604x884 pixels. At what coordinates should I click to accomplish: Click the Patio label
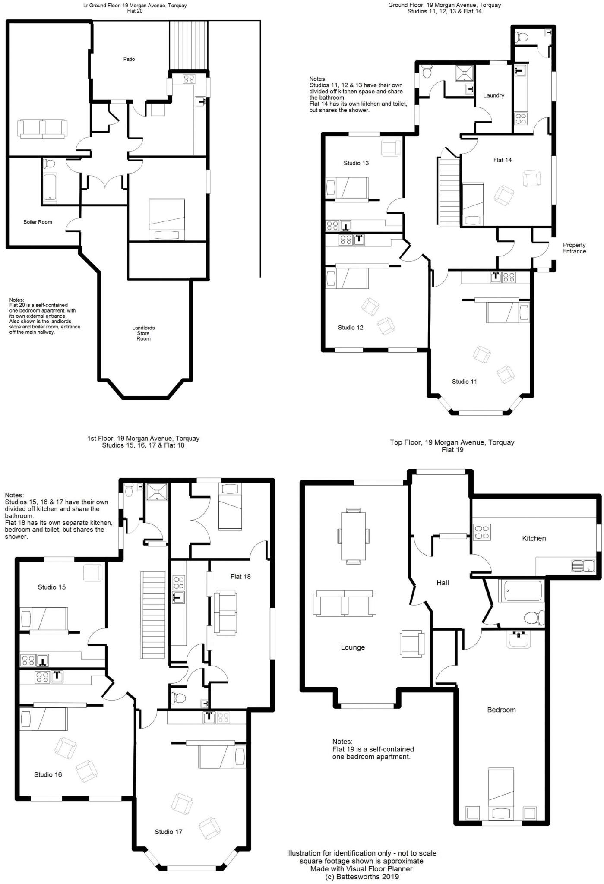[x=129, y=59]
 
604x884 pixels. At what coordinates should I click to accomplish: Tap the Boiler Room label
[x=38, y=222]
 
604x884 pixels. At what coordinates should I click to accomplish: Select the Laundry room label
[x=493, y=95]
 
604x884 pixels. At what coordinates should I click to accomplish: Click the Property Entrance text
[x=574, y=248]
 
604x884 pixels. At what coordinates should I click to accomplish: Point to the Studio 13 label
[x=356, y=163]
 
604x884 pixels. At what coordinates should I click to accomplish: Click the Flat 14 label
[x=502, y=160]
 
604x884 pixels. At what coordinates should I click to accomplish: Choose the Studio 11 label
[x=464, y=382]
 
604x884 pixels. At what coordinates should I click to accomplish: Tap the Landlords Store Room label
[x=143, y=333]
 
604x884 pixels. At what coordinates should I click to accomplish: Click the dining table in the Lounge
[x=353, y=536]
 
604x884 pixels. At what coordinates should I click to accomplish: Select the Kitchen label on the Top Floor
[x=534, y=538]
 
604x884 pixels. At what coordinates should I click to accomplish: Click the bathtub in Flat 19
[x=520, y=591]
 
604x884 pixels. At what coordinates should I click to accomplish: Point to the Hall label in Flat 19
[x=443, y=583]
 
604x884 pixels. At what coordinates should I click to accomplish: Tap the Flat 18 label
[x=240, y=576]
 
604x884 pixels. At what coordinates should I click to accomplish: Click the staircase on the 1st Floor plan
[x=153, y=615]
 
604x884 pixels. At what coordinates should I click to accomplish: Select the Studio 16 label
[x=48, y=774]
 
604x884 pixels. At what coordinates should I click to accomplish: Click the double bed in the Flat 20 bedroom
[x=166, y=219]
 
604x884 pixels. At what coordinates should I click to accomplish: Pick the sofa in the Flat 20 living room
[x=42, y=129]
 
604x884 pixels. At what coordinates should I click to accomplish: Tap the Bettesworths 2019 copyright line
[x=362, y=877]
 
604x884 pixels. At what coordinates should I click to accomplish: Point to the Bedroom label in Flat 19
[x=501, y=710]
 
